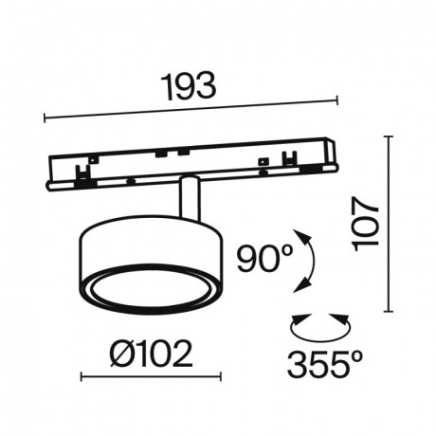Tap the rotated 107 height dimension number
tap(365, 225)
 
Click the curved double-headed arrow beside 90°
tap(304, 261)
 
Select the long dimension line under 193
tap(190, 108)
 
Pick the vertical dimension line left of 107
tap(389, 224)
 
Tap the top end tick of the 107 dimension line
tap(389, 136)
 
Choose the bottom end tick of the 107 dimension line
tap(389, 311)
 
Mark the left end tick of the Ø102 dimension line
tap(82, 377)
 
